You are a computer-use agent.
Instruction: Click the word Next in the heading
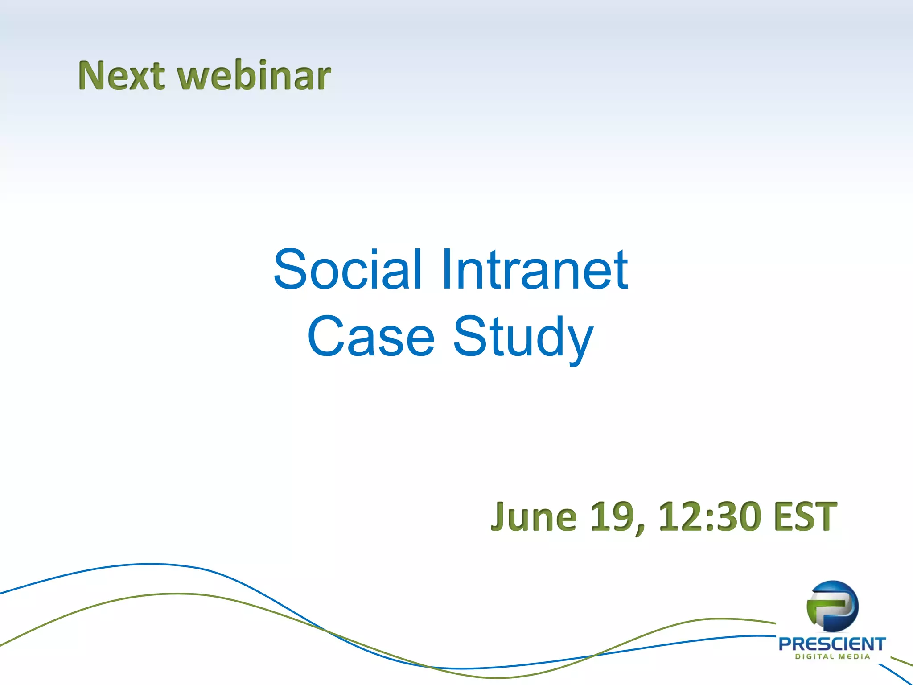point(121,76)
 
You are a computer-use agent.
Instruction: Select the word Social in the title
point(347,270)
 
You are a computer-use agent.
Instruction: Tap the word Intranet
point(535,270)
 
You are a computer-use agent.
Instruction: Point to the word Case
point(370,337)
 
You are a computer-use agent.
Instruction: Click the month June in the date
point(534,517)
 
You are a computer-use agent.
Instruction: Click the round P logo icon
point(832,607)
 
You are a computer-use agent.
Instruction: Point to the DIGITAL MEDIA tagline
point(832,657)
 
